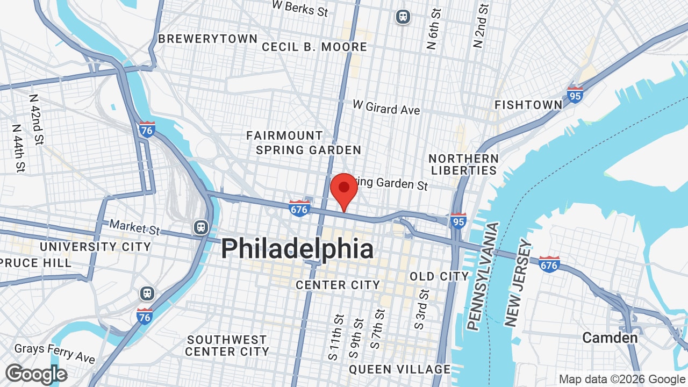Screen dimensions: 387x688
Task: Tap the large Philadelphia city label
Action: click(297, 249)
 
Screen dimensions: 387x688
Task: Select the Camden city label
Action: click(610, 338)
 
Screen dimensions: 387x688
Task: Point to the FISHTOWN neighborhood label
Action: click(528, 105)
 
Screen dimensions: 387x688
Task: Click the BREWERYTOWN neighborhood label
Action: click(207, 39)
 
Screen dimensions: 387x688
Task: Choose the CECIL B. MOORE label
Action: click(314, 47)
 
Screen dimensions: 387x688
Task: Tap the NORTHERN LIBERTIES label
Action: click(463, 164)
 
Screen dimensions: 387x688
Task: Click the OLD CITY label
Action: click(439, 276)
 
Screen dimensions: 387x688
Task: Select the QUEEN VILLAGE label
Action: click(399, 369)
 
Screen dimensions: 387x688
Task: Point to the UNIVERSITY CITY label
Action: click(95, 247)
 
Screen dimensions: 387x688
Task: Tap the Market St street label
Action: click(134, 227)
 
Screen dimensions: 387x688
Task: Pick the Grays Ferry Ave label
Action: click(55, 353)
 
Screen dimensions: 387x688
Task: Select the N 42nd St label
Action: click(37, 119)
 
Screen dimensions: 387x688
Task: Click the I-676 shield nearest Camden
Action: click(549, 264)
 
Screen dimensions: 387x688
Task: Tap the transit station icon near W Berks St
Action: click(403, 17)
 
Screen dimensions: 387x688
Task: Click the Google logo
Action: click(36, 375)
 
